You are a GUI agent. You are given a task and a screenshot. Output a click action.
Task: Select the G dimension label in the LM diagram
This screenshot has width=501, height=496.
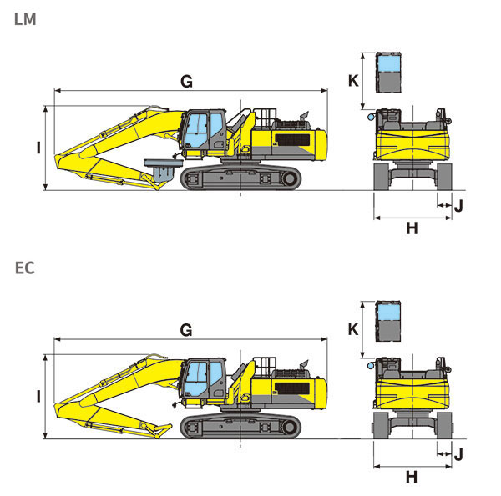[x=186, y=81]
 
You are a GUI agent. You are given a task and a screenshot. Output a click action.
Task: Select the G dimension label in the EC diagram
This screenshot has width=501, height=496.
[x=186, y=330]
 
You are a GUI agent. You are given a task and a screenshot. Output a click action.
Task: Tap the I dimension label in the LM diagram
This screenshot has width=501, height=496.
[x=38, y=148]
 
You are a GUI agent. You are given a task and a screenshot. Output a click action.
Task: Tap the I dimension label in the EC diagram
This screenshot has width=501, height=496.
[x=38, y=397]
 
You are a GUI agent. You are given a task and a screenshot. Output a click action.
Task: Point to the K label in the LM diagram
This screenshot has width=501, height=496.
[x=353, y=80]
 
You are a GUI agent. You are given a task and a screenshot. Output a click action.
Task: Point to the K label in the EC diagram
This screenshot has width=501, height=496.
[x=353, y=329]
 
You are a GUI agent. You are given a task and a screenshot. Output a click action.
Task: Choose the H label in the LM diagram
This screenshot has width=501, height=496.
[x=412, y=228]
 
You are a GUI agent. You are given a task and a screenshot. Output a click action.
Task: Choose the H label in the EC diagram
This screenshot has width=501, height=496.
[x=412, y=478]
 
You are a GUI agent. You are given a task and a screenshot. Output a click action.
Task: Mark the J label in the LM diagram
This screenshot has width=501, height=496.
[x=458, y=203]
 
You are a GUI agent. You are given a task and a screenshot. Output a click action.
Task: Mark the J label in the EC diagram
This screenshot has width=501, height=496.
[x=458, y=453]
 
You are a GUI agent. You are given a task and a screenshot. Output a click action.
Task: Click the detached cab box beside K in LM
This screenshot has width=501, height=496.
[x=389, y=73]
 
